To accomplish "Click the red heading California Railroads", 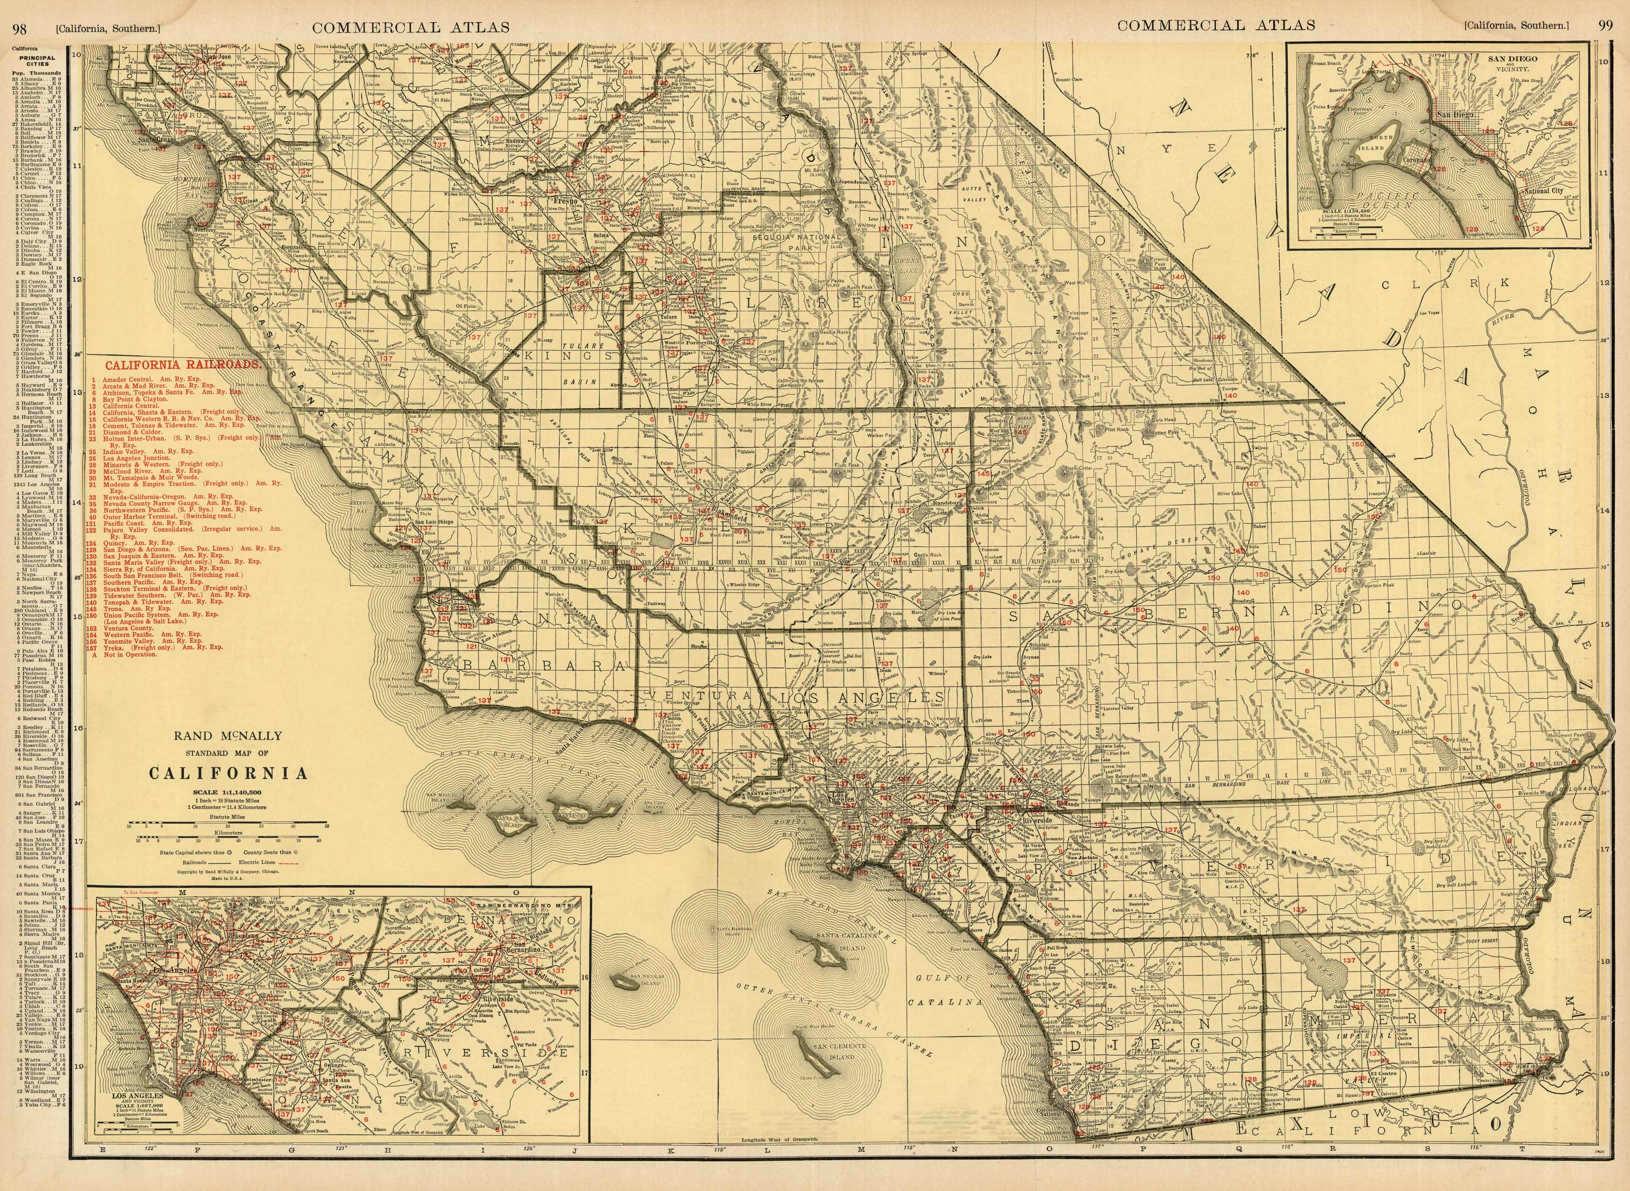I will point(183,365).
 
